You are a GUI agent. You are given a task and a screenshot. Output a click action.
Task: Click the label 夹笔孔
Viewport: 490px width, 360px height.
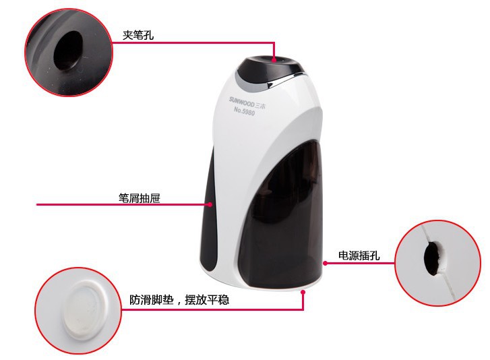point(138,35)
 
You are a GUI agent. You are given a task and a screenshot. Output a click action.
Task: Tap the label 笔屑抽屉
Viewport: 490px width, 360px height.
point(140,198)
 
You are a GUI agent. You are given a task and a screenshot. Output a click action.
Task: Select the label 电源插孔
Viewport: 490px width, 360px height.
point(359,256)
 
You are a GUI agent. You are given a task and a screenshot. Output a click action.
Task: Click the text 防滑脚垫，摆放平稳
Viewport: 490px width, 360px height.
point(179,300)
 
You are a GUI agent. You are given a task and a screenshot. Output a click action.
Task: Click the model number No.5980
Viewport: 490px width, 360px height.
point(245,111)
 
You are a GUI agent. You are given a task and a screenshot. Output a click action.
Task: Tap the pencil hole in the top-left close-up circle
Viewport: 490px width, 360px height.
point(68,51)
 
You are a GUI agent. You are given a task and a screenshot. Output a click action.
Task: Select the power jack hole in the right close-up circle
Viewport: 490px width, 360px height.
point(432,258)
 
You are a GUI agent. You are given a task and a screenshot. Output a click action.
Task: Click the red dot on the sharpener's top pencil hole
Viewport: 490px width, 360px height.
point(274,60)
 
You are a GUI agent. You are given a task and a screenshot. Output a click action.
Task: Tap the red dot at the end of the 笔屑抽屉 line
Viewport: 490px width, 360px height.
point(210,204)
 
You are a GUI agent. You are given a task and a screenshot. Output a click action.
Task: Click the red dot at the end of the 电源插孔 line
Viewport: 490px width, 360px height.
point(325,263)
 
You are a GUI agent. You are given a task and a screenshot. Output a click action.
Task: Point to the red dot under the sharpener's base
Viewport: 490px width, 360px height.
point(303,292)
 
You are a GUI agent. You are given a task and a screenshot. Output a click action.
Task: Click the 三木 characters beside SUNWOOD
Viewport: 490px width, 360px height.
point(260,106)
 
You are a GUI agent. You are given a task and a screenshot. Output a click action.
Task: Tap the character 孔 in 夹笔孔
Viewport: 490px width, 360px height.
point(149,35)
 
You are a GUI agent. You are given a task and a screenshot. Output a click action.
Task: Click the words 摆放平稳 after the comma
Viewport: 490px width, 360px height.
point(207,300)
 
